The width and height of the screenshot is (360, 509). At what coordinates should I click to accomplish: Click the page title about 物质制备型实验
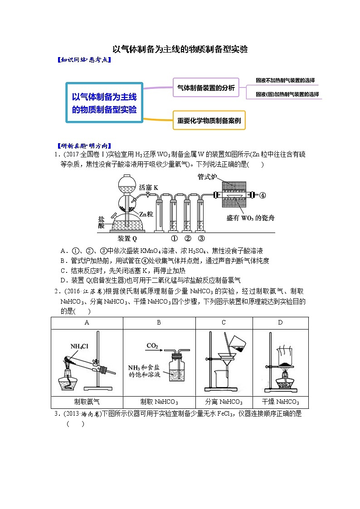point(180,49)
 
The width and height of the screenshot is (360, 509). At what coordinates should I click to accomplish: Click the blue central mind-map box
point(104,102)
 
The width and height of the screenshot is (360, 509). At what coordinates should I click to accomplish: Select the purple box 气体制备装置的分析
point(206,88)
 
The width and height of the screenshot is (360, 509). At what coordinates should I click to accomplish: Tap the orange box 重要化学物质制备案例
point(209,121)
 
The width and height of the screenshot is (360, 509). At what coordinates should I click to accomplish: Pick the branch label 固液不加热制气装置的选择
point(285,80)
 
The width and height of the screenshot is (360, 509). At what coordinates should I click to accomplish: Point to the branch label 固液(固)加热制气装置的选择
point(287,94)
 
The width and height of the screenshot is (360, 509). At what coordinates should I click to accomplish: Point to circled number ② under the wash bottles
point(188,238)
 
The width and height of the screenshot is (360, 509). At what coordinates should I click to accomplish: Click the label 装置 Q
point(127,238)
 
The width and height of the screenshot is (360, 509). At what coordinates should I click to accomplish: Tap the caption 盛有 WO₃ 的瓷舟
point(250,218)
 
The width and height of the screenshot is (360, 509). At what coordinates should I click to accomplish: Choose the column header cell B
point(159,323)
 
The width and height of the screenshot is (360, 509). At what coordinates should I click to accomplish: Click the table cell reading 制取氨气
point(87,402)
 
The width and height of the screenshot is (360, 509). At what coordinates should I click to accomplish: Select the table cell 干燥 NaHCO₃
point(280,402)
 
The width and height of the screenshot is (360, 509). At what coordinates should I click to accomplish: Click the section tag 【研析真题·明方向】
point(82,146)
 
